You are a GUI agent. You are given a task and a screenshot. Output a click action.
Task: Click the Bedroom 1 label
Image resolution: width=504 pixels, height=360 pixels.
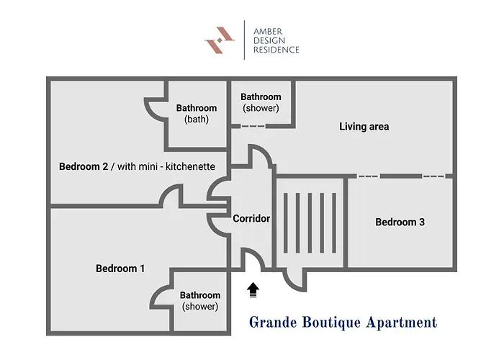(120, 269)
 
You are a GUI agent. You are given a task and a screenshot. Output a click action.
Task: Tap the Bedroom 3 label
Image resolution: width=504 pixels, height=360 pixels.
(400, 222)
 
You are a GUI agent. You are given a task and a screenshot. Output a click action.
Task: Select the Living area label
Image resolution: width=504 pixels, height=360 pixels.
(364, 126)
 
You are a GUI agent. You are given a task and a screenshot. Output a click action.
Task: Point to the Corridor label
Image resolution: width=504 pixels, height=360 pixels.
(251, 219)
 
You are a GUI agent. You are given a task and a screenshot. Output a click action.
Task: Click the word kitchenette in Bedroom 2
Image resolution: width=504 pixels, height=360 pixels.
(190, 166)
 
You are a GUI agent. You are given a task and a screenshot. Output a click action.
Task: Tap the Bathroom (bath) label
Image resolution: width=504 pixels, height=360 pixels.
(197, 114)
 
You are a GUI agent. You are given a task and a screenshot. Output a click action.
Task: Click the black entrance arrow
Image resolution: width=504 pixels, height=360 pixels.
(253, 290)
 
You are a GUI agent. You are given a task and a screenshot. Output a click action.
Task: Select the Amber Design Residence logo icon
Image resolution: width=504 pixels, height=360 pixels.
(220, 40)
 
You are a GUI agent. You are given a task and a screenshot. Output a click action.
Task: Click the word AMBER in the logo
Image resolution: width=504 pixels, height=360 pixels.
(268, 32)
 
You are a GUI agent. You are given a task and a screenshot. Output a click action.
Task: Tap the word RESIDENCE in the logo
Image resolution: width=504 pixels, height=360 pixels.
(276, 50)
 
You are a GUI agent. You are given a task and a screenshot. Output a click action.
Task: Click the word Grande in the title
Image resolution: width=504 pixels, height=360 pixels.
(273, 323)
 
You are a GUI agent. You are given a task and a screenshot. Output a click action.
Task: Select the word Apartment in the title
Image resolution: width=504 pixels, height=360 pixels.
(402, 323)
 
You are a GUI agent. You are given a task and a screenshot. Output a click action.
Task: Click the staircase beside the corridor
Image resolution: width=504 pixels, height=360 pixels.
(310, 222)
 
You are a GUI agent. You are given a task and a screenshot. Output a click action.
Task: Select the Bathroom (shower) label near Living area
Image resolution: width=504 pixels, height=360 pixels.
(261, 102)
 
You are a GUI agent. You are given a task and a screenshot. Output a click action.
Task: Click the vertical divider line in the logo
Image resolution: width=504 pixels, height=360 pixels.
(244, 40)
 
